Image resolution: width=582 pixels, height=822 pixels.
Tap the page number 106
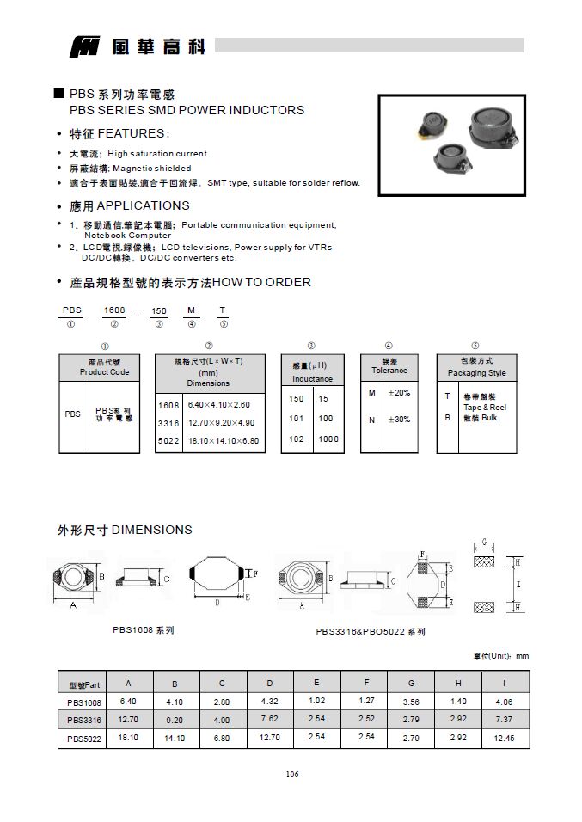point(291,774)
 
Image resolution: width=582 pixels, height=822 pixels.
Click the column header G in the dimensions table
point(411,684)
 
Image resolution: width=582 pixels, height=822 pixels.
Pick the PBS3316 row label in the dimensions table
point(83,720)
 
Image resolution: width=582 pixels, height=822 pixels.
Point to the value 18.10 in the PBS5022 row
point(128,737)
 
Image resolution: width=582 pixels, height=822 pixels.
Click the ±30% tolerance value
point(399,420)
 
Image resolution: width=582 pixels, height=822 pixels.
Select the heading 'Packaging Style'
point(476,373)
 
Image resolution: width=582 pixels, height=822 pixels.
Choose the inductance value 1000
point(328,439)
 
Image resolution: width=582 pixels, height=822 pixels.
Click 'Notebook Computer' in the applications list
point(127,235)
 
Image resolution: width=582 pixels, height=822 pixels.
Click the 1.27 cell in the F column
point(365,702)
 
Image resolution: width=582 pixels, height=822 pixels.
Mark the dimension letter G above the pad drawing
point(485,542)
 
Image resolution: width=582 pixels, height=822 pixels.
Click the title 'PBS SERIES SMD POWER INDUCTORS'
point(187,110)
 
